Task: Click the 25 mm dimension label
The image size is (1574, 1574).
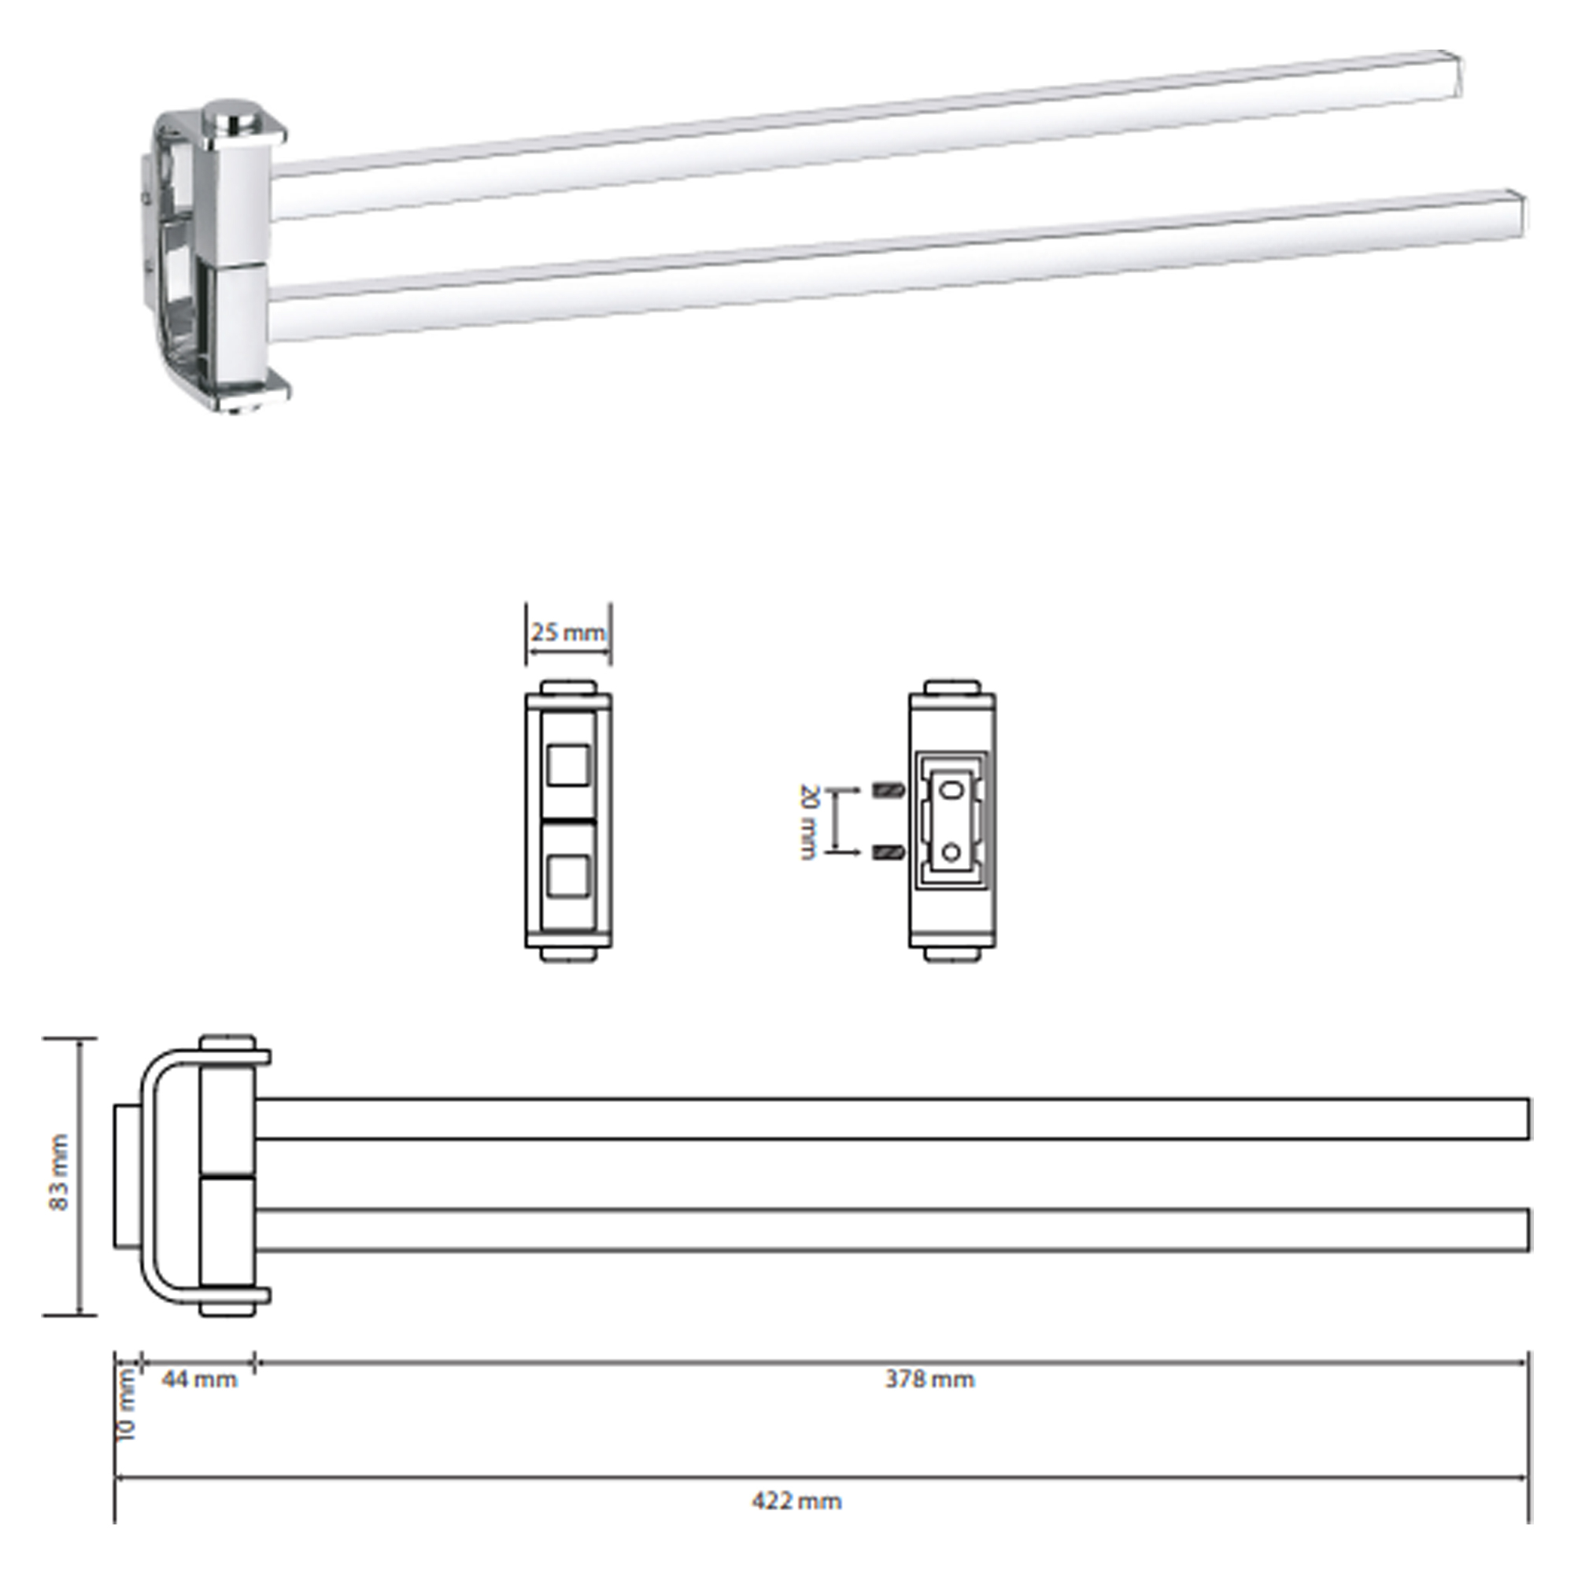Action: coord(569,633)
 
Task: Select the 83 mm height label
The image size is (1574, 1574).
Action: coord(60,1173)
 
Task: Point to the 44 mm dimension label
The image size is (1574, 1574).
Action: coord(200,1380)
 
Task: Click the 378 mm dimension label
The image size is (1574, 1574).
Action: coord(929,1380)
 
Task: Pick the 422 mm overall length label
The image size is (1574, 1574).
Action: coord(796,1501)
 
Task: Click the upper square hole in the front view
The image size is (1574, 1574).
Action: coord(568,764)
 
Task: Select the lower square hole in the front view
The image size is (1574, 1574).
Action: coord(568,877)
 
